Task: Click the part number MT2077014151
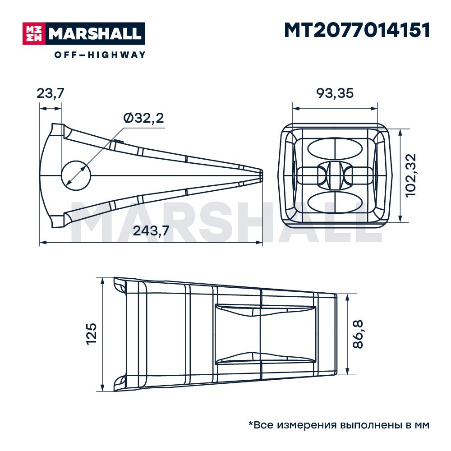coord(357,30)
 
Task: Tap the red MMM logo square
coord(34,34)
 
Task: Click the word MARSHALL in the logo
coord(95,34)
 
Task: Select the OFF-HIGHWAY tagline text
coord(100,55)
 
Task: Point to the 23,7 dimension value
coord(51,93)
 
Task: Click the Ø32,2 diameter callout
coord(143,118)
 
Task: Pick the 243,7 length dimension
coord(151,230)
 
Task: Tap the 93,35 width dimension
coord(335,93)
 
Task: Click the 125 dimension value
coord(92,334)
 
